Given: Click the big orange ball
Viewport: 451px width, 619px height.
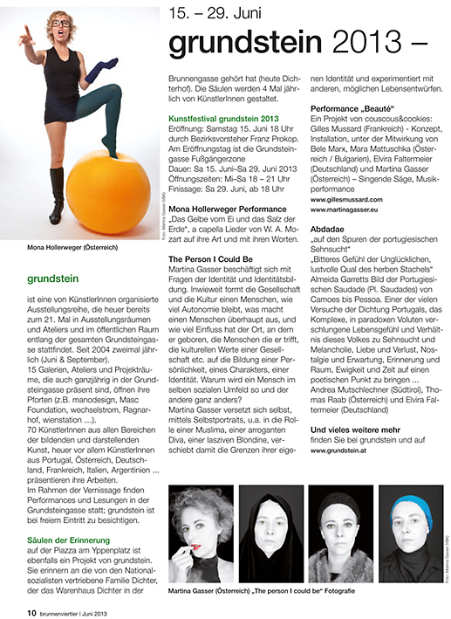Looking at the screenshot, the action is pos(107,193).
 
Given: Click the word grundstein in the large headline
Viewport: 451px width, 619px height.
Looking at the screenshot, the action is pos(233,44).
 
